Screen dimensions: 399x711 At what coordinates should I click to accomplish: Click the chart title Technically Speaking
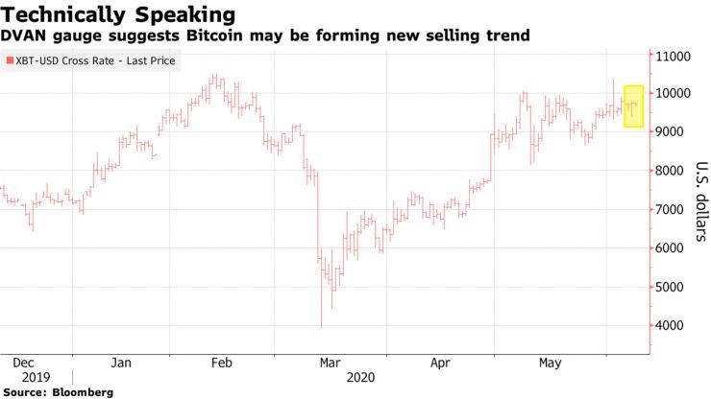coord(117,14)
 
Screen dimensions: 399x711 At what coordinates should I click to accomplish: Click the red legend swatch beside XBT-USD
coord(10,60)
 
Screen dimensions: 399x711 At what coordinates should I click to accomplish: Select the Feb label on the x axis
coord(222,364)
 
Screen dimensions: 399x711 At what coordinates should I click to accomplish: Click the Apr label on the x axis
coord(440,364)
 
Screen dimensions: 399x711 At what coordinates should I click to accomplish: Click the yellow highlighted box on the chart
coord(633,106)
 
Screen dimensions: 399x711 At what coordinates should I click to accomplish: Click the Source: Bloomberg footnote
coord(58,392)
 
